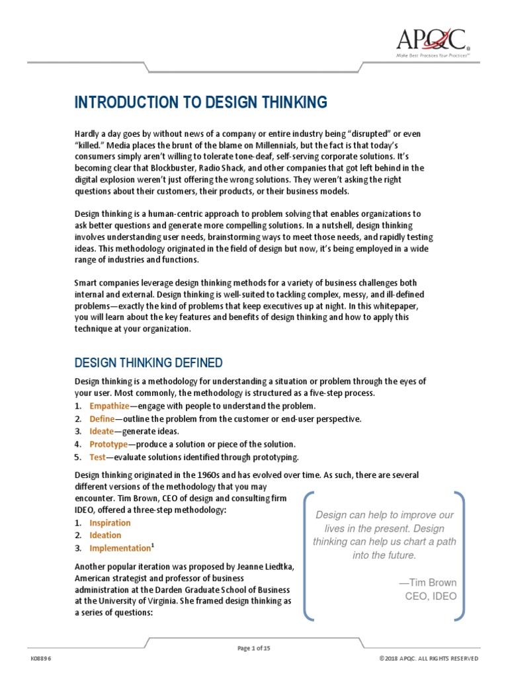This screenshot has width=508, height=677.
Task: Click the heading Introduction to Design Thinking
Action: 201,102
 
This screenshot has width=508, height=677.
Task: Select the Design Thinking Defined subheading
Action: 148,363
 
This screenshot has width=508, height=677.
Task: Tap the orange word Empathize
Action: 110,406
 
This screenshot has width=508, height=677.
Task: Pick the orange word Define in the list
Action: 103,418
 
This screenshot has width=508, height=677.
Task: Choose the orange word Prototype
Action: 108,444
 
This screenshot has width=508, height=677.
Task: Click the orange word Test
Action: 97,457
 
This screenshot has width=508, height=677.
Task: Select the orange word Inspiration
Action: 110,523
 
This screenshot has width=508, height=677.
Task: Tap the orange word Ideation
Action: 105,536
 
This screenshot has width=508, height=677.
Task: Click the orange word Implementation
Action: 120,549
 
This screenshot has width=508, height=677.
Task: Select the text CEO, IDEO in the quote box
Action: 431,596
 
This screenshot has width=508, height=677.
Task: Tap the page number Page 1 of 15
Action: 254,649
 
